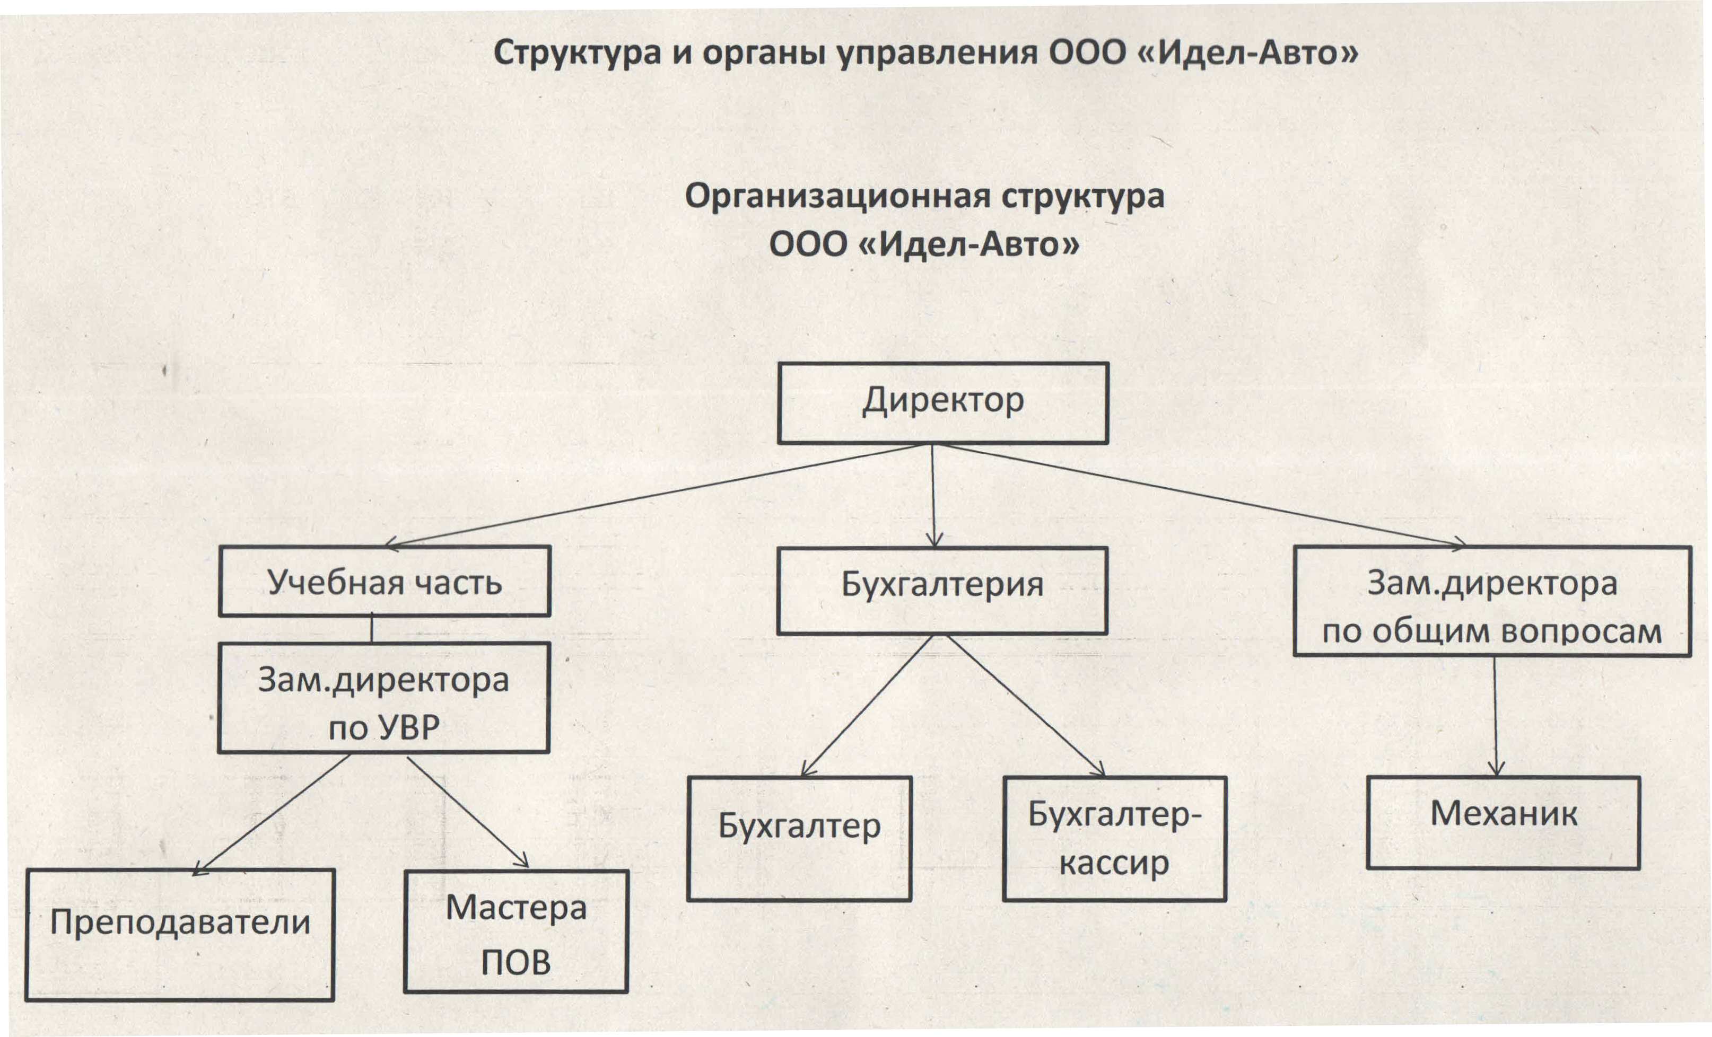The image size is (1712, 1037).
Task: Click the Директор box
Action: pos(943,403)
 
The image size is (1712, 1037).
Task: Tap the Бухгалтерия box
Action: pos(942,591)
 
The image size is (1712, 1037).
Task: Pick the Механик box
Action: pos(1504,822)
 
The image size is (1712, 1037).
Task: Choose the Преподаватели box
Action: pos(180,935)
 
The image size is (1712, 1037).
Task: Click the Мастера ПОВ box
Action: pos(516,931)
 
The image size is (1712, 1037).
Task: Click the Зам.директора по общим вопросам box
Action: pos(1492,602)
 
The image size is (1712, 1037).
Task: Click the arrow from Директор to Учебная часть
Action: pos(653,496)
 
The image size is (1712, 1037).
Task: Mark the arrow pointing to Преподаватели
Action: pos(271,814)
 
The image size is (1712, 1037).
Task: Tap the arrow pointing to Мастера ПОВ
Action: pos(468,812)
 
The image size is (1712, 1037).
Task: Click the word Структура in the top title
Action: pos(577,53)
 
